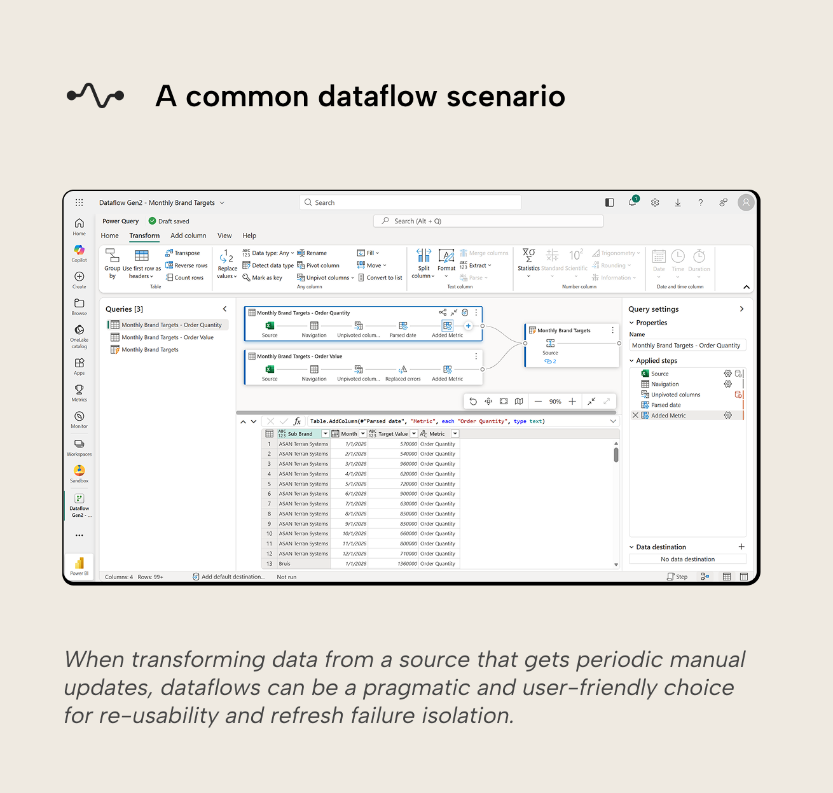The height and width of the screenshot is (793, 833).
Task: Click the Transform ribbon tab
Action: click(144, 235)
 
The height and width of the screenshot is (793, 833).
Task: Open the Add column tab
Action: click(188, 235)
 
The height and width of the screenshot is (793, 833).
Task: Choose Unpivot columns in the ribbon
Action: click(325, 277)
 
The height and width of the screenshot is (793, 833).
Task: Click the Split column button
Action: click(423, 263)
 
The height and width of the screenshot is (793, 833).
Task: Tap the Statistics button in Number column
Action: click(528, 262)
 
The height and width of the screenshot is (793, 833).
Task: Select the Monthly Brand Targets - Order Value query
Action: click(167, 337)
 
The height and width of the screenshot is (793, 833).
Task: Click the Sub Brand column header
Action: click(300, 434)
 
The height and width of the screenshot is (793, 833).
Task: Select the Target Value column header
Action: click(393, 434)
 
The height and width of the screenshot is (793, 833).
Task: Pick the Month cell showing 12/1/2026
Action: click(355, 554)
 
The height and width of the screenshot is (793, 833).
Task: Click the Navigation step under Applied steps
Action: click(664, 384)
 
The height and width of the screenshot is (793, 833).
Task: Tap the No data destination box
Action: click(687, 559)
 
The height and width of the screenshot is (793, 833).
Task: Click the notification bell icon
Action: click(632, 202)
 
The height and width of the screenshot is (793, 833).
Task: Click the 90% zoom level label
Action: click(555, 402)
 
